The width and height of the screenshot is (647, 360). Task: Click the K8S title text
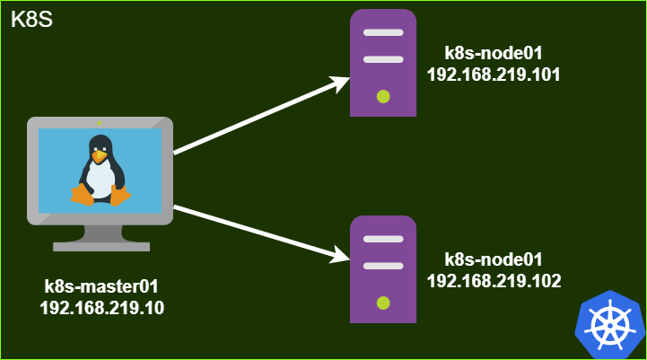tap(31, 20)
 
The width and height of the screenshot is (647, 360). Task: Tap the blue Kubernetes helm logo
tap(610, 325)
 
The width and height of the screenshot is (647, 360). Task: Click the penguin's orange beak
tap(99, 156)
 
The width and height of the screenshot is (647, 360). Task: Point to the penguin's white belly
tap(101, 179)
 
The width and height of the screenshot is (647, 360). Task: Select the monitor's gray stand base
tap(101, 247)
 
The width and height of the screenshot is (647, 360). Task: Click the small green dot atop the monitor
tap(100, 123)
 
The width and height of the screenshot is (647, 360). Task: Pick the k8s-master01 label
tap(101, 286)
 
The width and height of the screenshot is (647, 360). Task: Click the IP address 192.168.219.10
tap(102, 308)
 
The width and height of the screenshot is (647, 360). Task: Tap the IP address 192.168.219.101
tap(494, 75)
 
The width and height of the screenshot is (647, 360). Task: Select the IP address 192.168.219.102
tap(494, 281)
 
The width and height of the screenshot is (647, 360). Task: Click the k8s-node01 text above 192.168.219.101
tap(494, 53)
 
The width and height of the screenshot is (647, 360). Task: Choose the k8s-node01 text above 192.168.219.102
tap(494, 259)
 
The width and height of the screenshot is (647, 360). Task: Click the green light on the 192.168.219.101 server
tap(383, 97)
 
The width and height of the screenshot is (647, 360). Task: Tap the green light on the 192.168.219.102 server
tap(383, 303)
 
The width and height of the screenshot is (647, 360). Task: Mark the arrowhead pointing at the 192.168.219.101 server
tap(340, 83)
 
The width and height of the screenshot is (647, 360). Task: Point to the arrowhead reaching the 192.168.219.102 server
tap(340, 255)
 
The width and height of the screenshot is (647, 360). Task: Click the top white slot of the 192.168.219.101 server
tap(383, 32)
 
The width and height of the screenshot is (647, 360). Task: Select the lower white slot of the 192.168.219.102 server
tap(383, 266)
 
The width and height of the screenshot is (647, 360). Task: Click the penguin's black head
tap(101, 145)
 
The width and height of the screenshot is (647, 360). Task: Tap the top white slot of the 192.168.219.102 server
tap(383, 239)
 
